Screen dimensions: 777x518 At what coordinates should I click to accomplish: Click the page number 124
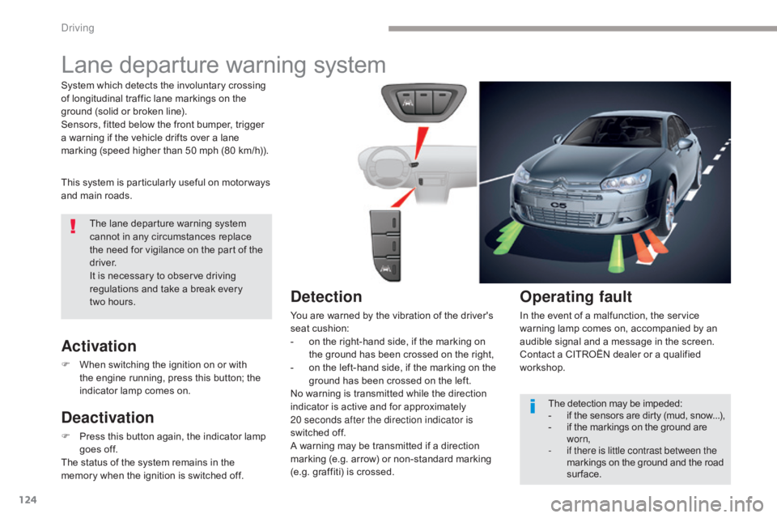pyautogui.click(x=28, y=499)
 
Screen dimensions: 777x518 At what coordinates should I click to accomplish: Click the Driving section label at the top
pyautogui.click(x=78, y=28)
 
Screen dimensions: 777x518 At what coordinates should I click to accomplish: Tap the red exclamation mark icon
pyautogui.click(x=74, y=226)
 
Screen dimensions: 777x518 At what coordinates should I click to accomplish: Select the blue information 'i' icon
pyautogui.click(x=533, y=405)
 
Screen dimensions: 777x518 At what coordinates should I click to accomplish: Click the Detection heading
pyautogui.click(x=326, y=296)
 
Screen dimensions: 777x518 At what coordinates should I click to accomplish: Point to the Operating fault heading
pyautogui.click(x=575, y=296)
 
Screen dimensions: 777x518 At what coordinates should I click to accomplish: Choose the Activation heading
pyautogui.click(x=99, y=346)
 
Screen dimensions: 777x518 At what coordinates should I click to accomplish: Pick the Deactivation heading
pyautogui.click(x=108, y=418)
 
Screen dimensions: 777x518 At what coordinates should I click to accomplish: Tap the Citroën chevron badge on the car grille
pyautogui.click(x=560, y=181)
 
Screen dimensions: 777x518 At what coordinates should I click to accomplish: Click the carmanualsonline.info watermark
pyautogui.click(x=657, y=504)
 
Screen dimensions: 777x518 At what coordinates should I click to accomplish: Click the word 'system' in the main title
pyautogui.click(x=350, y=66)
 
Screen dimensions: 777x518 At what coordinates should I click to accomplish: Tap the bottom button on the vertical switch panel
pyautogui.click(x=386, y=270)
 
